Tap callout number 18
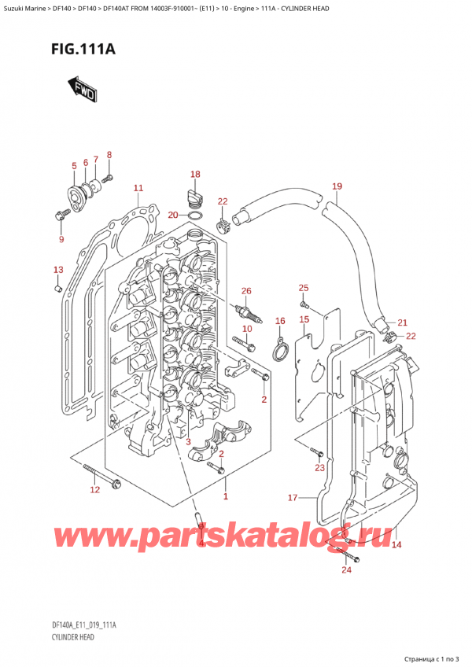click(195, 174)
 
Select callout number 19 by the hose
click(337, 186)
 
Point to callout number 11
click(138, 188)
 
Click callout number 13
click(57, 271)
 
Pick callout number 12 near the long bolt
click(95, 491)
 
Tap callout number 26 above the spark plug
click(246, 292)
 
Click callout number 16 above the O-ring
click(279, 321)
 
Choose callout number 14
click(396, 544)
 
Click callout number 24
click(345, 570)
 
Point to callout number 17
click(293, 497)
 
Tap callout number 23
click(319, 468)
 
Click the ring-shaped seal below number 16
click(278, 348)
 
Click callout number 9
click(61, 239)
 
